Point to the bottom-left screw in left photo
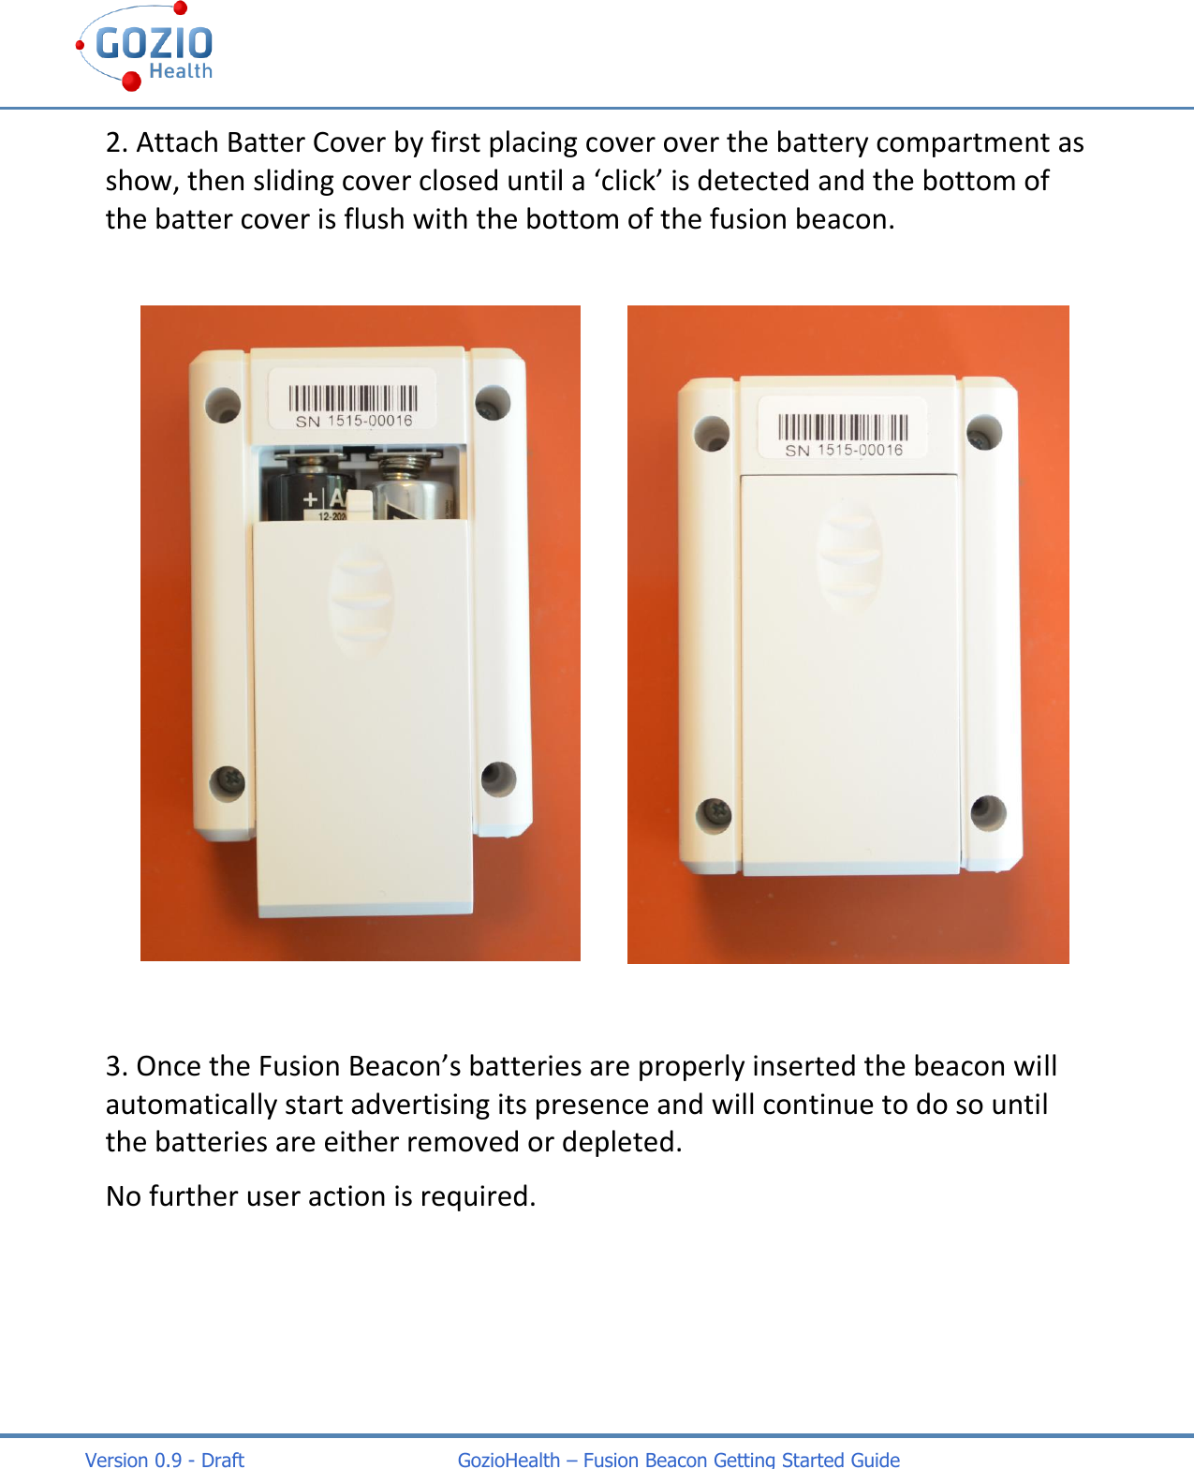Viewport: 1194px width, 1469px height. point(228,781)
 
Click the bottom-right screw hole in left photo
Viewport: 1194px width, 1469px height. point(498,778)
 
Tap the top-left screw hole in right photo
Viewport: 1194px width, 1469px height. point(713,433)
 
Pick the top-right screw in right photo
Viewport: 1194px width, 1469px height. point(984,432)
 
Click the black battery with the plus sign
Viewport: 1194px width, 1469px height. point(304,490)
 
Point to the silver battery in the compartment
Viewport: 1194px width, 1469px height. point(412,487)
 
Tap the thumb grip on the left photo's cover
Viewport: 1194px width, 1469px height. point(361,600)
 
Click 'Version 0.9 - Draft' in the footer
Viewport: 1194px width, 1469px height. point(165,1460)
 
